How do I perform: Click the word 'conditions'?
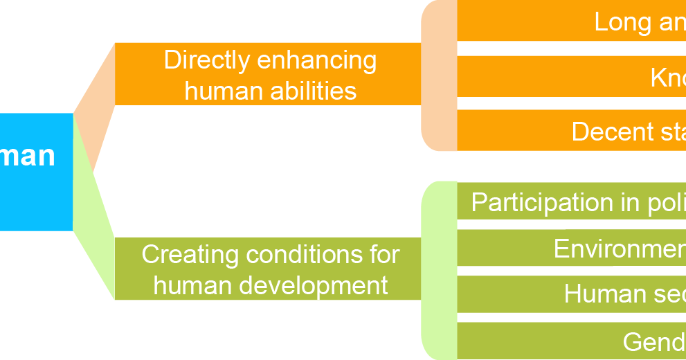click(x=303, y=254)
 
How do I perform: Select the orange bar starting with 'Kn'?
click(x=571, y=77)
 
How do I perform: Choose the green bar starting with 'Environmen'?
click(x=571, y=249)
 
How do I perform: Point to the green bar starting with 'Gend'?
click(x=571, y=341)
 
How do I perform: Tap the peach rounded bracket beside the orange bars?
click(x=439, y=76)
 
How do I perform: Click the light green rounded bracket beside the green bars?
click(x=439, y=270)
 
